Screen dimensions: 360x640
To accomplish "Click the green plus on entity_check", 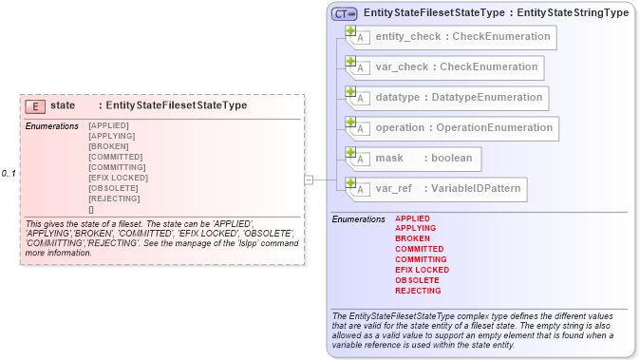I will pyautogui.click(x=350, y=31).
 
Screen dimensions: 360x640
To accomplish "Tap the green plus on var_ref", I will pyautogui.click(x=350, y=183).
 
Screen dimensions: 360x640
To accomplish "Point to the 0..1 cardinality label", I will pyautogui.click(x=9, y=174).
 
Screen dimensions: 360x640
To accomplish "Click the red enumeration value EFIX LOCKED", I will pyautogui.click(x=422, y=270).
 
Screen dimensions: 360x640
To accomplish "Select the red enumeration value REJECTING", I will pyautogui.click(x=418, y=291).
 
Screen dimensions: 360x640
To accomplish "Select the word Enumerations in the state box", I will pyautogui.click(x=52, y=126).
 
